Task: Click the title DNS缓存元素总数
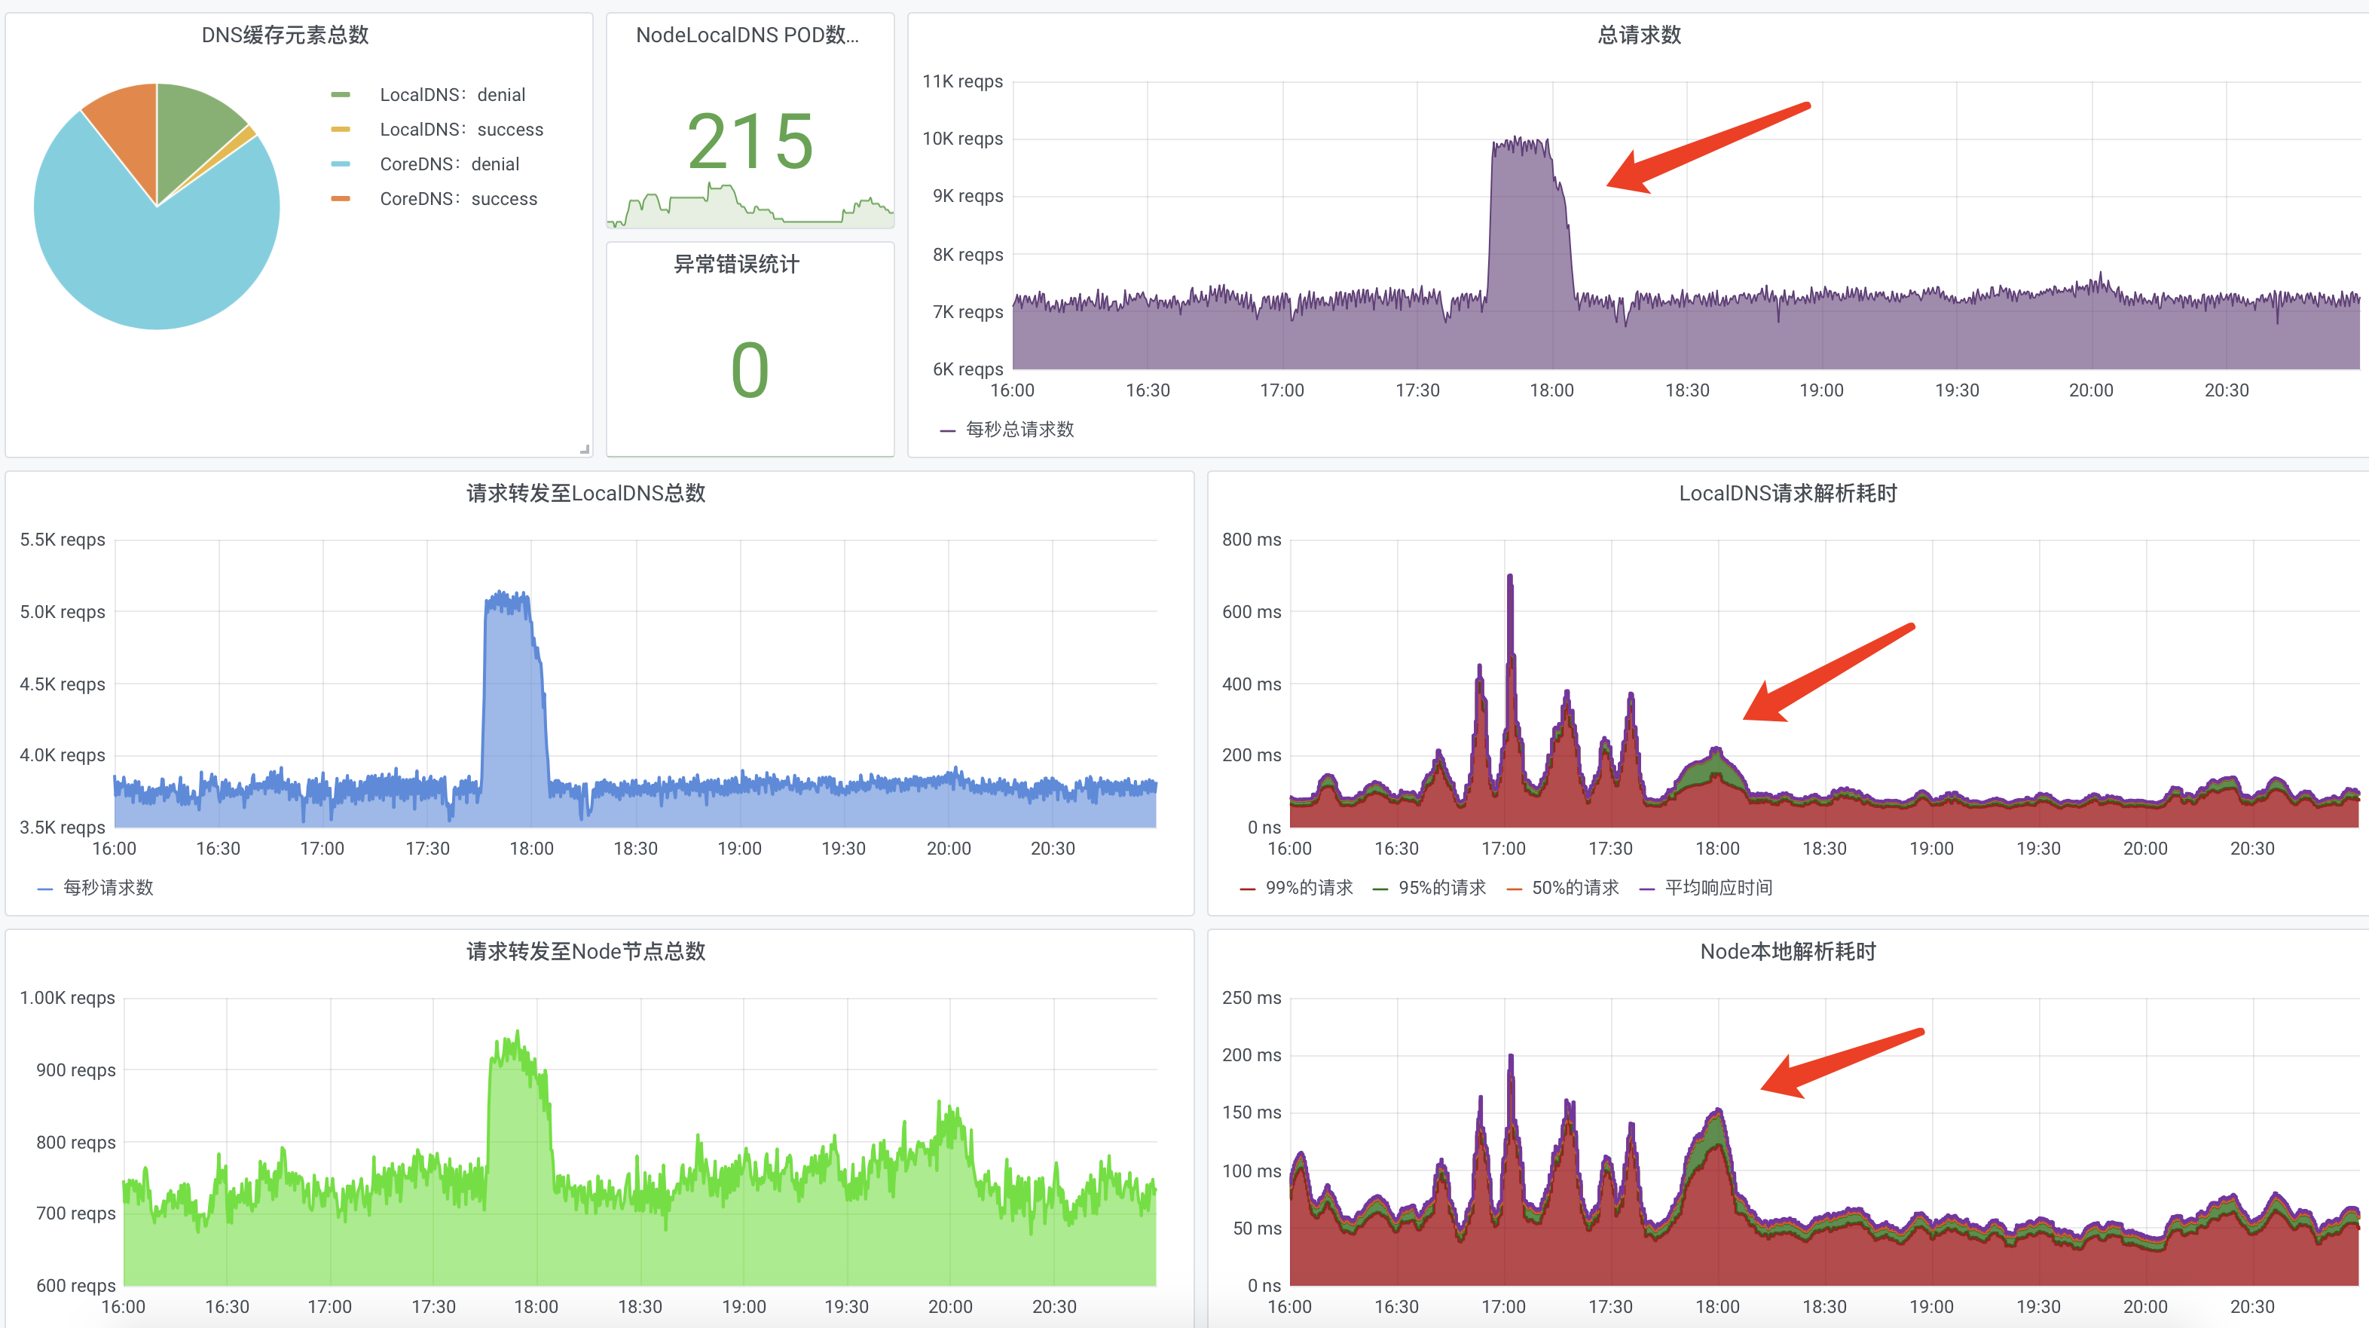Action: pos(285,35)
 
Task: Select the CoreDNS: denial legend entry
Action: pos(449,164)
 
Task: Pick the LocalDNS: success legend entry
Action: pos(460,130)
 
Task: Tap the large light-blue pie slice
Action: pos(147,258)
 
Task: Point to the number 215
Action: pos(750,142)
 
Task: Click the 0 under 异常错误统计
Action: pos(750,370)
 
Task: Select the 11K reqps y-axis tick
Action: pos(962,82)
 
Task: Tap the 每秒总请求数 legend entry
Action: pos(1019,430)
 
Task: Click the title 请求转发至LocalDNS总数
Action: pos(585,493)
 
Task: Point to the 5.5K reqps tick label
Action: pos(63,540)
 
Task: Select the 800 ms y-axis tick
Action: pos(1251,540)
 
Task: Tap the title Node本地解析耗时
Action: pos(1787,951)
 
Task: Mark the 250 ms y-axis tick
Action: pos(1251,998)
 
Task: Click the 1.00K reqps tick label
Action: pos(67,998)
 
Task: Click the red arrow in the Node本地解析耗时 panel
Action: pos(1839,1062)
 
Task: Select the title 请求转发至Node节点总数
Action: pos(585,951)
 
